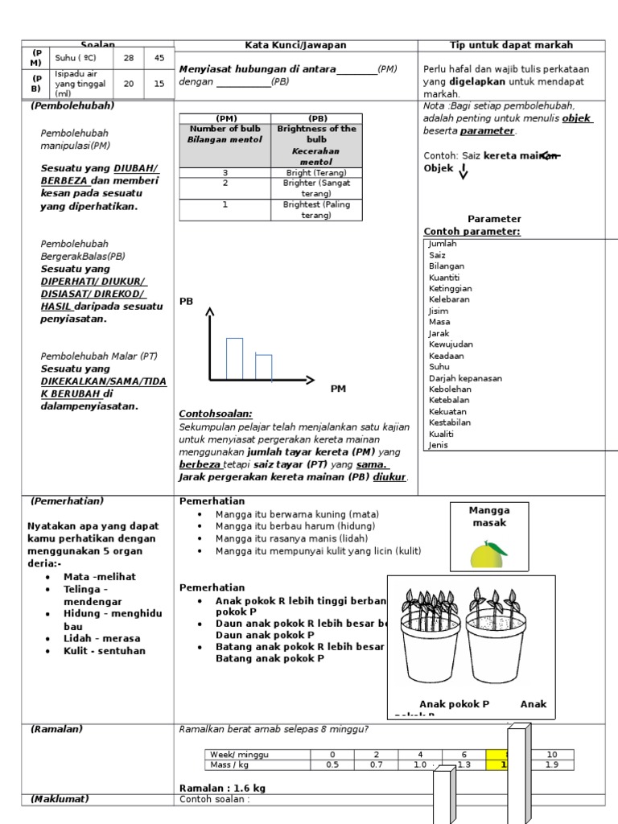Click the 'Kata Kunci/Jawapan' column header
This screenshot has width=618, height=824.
(295, 45)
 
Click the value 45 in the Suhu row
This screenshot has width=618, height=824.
(159, 58)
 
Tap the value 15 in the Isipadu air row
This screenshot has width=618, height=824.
(159, 83)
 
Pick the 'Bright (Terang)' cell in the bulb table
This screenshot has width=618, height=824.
(315, 172)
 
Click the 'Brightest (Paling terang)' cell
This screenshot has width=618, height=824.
(315, 209)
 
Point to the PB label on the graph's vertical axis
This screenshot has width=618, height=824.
(186, 301)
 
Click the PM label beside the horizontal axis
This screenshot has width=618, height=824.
(338, 389)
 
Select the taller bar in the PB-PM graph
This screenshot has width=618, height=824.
(234, 358)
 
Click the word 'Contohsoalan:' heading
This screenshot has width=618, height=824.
(215, 413)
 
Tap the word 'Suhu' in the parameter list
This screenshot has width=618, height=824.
(439, 366)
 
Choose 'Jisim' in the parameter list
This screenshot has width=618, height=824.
(439, 311)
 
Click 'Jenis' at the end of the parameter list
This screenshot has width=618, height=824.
(439, 444)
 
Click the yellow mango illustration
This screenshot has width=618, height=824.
(489, 554)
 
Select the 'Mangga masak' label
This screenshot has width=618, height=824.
(489, 517)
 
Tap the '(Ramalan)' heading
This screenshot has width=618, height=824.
(56, 729)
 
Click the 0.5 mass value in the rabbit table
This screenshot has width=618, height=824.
(332, 764)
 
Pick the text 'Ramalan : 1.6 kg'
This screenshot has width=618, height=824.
(222, 788)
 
